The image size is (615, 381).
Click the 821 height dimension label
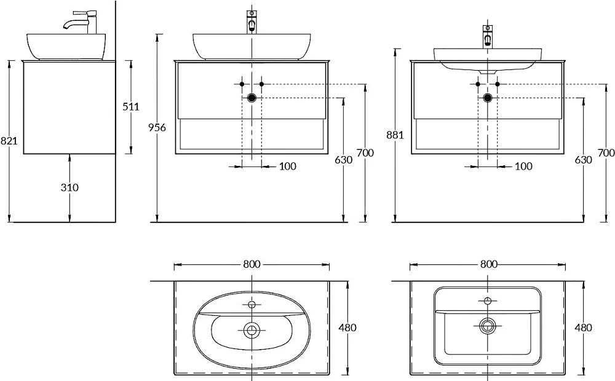(9, 140)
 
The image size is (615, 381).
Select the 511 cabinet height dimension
(131, 106)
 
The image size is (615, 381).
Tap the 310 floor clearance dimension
(69, 187)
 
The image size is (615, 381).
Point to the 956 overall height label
(157, 127)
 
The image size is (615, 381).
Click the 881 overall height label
(395, 135)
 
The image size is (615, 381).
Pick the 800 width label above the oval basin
(252, 264)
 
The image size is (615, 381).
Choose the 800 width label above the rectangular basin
(489, 264)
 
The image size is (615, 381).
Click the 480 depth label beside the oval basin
(347, 328)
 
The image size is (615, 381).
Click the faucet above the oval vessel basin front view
(252, 22)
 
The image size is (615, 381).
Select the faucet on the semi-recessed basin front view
(488, 36)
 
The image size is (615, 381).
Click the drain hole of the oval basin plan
(252, 330)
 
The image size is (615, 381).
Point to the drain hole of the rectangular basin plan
(488, 325)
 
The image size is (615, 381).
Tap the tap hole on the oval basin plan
(252, 304)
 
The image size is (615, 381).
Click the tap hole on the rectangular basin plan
(488, 300)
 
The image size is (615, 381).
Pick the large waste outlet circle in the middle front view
(252, 98)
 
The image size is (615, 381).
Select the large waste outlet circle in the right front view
(488, 98)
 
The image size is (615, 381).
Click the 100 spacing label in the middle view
(288, 166)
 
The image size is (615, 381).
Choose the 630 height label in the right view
(583, 160)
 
